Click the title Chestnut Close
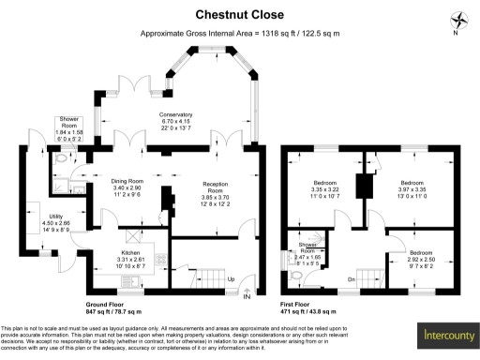tap(239, 14)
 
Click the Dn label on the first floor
tap(352, 279)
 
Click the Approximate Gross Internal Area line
tap(239, 33)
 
